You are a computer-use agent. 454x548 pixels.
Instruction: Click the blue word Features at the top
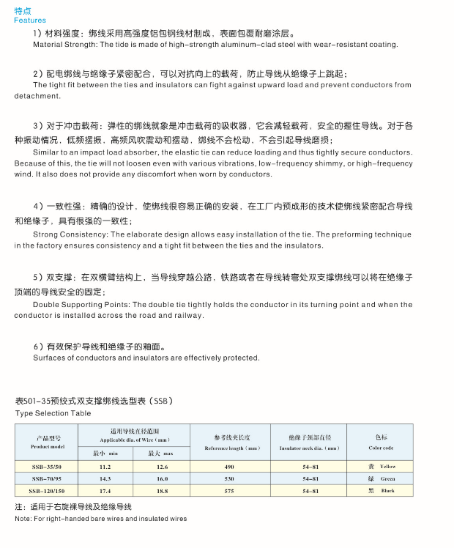coord(30,21)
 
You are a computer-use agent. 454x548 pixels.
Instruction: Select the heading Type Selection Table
coord(53,413)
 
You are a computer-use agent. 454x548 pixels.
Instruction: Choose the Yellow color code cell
coord(382,467)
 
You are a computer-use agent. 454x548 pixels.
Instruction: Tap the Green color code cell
coord(382,478)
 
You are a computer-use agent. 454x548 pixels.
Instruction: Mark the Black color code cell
coord(382,490)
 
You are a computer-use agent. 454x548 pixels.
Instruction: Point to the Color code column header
coord(382,442)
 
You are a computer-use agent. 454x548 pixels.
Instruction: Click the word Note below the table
coord(22,519)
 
